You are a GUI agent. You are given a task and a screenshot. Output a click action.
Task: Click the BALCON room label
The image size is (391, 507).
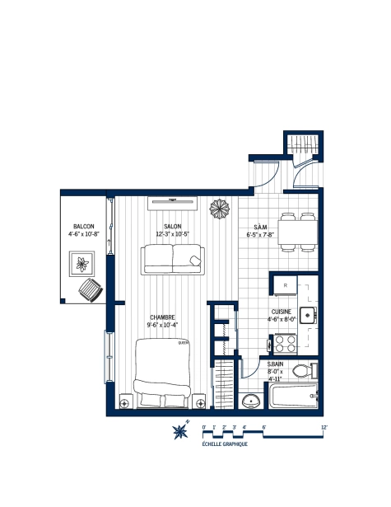(x=83, y=226)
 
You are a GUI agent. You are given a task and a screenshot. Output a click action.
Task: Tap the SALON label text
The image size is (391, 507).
(x=172, y=226)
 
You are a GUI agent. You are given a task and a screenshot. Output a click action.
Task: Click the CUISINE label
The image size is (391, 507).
(x=282, y=312)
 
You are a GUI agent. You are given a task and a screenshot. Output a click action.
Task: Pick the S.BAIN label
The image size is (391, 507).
(x=277, y=364)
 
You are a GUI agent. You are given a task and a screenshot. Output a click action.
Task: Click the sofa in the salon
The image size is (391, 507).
(x=172, y=261)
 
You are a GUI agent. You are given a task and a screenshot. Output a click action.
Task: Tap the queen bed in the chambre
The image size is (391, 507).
(x=161, y=376)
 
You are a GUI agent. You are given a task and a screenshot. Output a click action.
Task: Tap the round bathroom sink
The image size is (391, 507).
(x=252, y=401)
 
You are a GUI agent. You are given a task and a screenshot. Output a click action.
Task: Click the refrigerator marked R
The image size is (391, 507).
(x=284, y=285)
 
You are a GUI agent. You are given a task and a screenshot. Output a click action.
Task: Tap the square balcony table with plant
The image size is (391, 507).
(x=81, y=264)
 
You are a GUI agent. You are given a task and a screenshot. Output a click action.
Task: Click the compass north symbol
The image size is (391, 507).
(x=179, y=430)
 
